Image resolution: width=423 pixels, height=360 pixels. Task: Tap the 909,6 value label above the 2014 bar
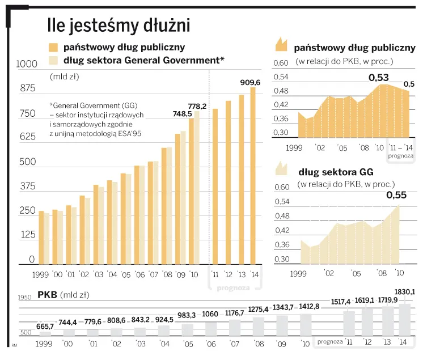250,82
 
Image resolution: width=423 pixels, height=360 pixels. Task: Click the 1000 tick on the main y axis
25,65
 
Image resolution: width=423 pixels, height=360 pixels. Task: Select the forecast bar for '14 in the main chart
253,176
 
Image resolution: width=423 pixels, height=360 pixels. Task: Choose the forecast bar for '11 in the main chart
215,186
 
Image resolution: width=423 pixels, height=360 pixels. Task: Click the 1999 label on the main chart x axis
41,274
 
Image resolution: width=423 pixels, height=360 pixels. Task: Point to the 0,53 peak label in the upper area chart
378,77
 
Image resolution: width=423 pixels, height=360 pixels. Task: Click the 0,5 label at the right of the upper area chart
409,84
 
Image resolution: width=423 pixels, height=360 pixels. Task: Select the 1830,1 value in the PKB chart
405,292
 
